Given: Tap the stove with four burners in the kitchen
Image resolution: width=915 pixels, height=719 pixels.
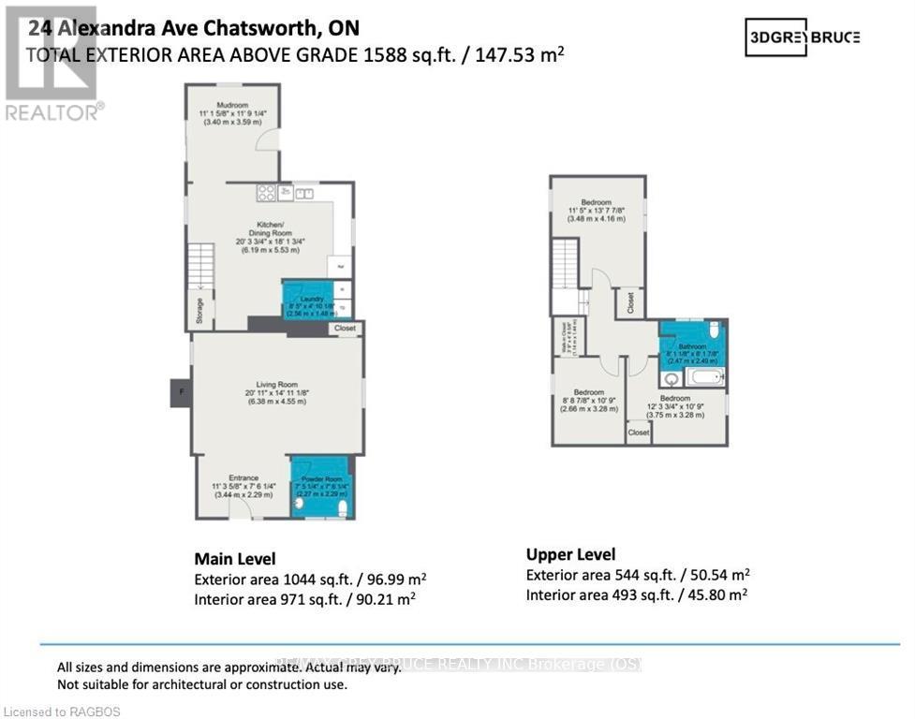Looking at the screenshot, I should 266,194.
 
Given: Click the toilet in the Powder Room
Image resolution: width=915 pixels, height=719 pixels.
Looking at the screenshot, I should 342,507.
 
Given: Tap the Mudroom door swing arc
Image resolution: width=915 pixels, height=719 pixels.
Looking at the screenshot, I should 267,139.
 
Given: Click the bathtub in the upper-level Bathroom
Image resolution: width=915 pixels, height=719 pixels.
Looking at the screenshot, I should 705,377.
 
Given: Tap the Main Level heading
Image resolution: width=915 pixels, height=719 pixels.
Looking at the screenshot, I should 234,559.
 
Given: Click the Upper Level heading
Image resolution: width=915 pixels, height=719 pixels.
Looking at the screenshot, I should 570,554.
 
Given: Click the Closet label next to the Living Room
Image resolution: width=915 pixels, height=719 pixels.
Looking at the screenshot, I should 345,329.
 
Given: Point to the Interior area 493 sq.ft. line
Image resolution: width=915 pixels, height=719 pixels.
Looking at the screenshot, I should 636,594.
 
